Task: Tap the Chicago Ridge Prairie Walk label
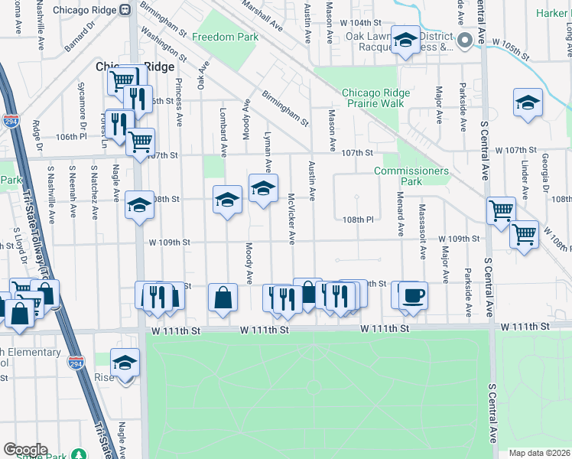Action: pos(375,98)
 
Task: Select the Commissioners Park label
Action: pos(411,176)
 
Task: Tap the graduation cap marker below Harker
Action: pos(528,103)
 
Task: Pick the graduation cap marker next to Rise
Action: pos(125,363)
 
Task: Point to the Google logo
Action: pos(25,450)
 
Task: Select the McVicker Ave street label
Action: pos(291,219)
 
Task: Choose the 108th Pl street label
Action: pos(357,218)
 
